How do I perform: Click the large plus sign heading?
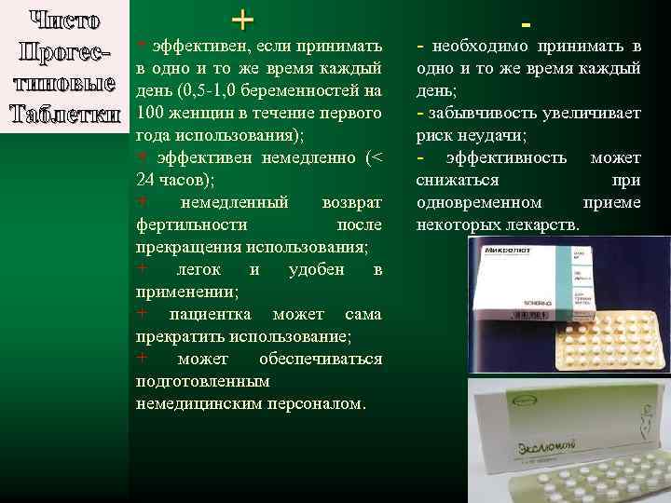coord(240,19)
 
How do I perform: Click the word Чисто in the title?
coord(62,20)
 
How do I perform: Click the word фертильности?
coord(191,225)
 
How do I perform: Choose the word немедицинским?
coord(195,404)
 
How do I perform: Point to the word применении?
coord(183,292)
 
